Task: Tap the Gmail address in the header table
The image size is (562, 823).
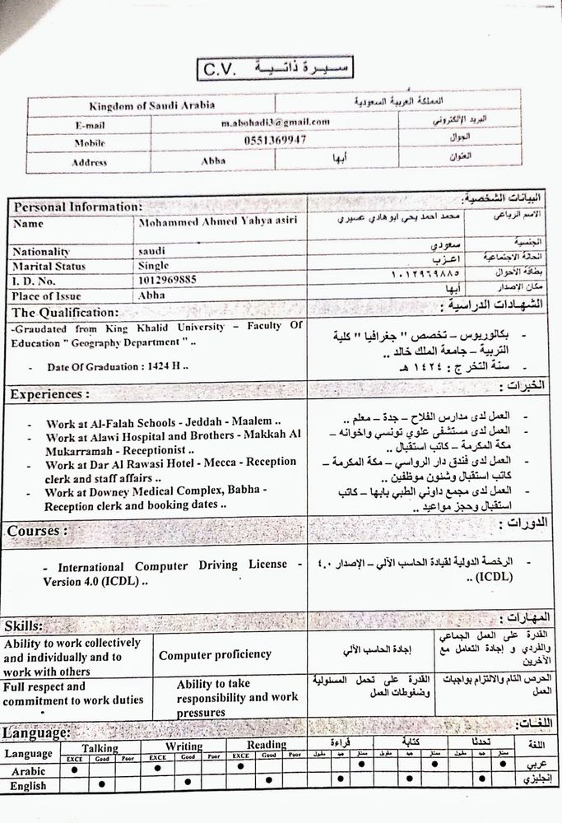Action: coord(275,122)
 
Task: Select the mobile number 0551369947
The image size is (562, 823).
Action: coord(275,140)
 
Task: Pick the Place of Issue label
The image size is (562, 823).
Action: coord(50,294)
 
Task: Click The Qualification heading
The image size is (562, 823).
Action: coord(65,312)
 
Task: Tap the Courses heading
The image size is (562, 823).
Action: coord(34,531)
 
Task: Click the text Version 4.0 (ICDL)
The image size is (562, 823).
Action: coord(96,581)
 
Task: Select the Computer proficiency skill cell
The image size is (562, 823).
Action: coord(215,654)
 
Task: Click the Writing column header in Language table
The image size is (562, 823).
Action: coord(183,746)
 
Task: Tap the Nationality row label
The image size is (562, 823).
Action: coord(41,252)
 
